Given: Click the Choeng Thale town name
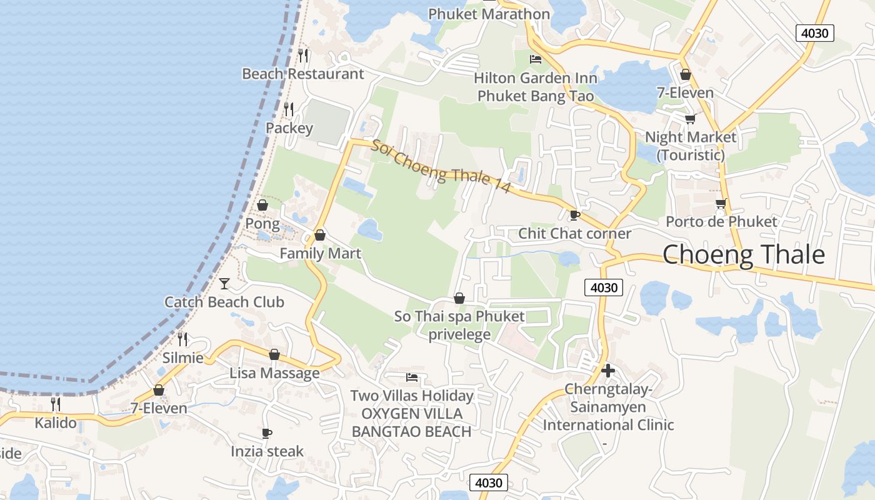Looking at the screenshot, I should [x=743, y=255].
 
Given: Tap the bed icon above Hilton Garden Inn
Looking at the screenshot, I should [x=535, y=59].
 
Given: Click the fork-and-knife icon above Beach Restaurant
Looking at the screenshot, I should [x=303, y=55].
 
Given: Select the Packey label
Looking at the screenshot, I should [x=289, y=128].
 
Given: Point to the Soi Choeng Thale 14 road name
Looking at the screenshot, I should [x=441, y=167].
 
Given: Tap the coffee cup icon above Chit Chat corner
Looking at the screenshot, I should [x=574, y=215].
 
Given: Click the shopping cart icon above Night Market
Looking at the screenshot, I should [x=690, y=119].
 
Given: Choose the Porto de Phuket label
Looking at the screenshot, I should [x=721, y=221].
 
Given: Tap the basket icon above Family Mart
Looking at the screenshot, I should [x=320, y=235].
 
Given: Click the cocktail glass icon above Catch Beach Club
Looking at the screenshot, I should [x=224, y=284].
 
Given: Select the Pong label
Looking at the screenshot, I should [x=262, y=223].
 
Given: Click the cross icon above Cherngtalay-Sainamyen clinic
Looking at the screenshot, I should [x=607, y=371].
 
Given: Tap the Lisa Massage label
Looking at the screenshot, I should [x=274, y=373].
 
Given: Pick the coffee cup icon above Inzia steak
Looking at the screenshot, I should [x=267, y=433].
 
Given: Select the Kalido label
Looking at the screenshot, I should [x=56, y=423].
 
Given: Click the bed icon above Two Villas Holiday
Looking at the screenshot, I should [x=411, y=377].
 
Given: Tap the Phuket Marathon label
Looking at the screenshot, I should [x=489, y=14].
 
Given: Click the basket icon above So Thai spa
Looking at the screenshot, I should [x=459, y=298].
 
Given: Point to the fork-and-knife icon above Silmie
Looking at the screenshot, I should [x=182, y=339].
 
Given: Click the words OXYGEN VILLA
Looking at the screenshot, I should [x=412, y=414].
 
